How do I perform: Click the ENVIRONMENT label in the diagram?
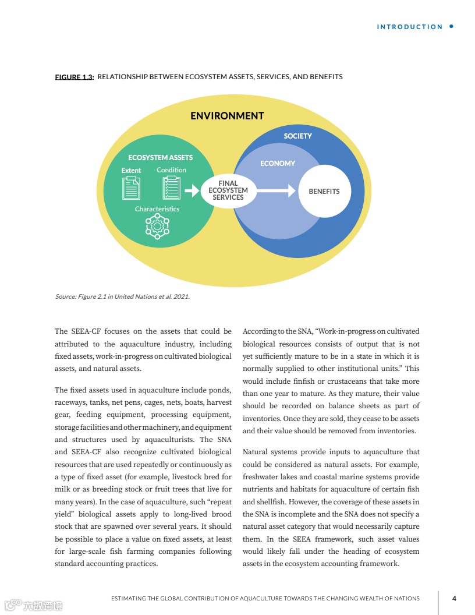coord(227,116)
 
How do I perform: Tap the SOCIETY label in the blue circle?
coord(297,136)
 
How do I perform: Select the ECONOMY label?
coord(278,164)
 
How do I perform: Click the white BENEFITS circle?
coord(324,191)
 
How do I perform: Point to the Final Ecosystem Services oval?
coord(228,190)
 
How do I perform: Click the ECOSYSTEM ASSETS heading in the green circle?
coord(160,157)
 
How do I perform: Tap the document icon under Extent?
coord(131,188)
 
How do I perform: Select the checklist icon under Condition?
coord(171,188)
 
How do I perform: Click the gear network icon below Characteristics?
coord(157,226)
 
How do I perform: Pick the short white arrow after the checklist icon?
coord(192,190)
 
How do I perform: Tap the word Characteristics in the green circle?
coord(157,208)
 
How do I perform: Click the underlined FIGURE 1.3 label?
coord(74,77)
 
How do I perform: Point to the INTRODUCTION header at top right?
coord(410,27)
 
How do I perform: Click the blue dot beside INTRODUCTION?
coord(452,26)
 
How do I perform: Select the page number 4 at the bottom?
coord(454,598)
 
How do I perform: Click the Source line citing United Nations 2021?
coord(122,296)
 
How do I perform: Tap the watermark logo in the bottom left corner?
coord(33,606)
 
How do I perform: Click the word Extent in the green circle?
coord(131,171)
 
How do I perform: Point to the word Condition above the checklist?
coord(171,170)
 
